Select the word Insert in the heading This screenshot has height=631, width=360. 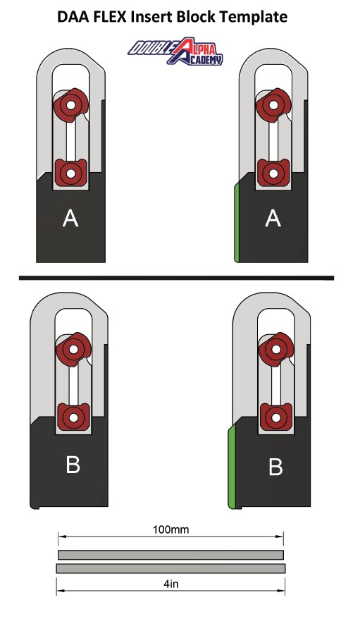(148, 16)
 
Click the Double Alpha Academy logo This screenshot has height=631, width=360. (175, 51)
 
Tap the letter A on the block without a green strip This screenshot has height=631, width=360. (70, 219)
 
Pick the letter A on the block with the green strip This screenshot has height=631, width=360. (273, 219)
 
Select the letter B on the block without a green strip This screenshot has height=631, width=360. (73, 465)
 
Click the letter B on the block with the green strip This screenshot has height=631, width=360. (275, 467)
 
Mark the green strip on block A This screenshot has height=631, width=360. (237, 223)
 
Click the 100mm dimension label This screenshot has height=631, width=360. (170, 529)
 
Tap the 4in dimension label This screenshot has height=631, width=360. (171, 584)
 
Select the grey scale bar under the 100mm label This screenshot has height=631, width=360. (170, 555)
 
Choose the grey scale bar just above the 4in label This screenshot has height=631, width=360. (170, 568)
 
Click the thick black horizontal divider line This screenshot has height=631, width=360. (176, 278)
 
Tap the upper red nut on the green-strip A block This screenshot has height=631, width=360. (273, 105)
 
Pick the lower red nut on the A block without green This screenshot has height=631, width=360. (70, 173)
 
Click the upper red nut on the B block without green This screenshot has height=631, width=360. (73, 349)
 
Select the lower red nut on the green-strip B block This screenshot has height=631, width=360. (276, 417)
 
